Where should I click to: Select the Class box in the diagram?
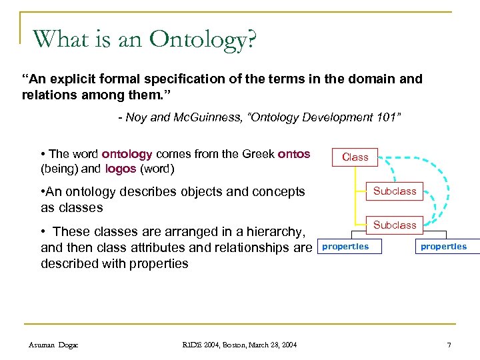[355, 157]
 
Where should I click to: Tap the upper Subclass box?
[395, 191]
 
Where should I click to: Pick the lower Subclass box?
[395, 225]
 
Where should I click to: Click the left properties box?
[345, 247]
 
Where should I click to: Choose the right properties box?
[443, 247]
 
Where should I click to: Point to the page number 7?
[449, 344]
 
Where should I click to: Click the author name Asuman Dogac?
[54, 344]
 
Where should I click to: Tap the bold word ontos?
[294, 154]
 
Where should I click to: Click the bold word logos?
[121, 168]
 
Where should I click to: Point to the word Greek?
[257, 154]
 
